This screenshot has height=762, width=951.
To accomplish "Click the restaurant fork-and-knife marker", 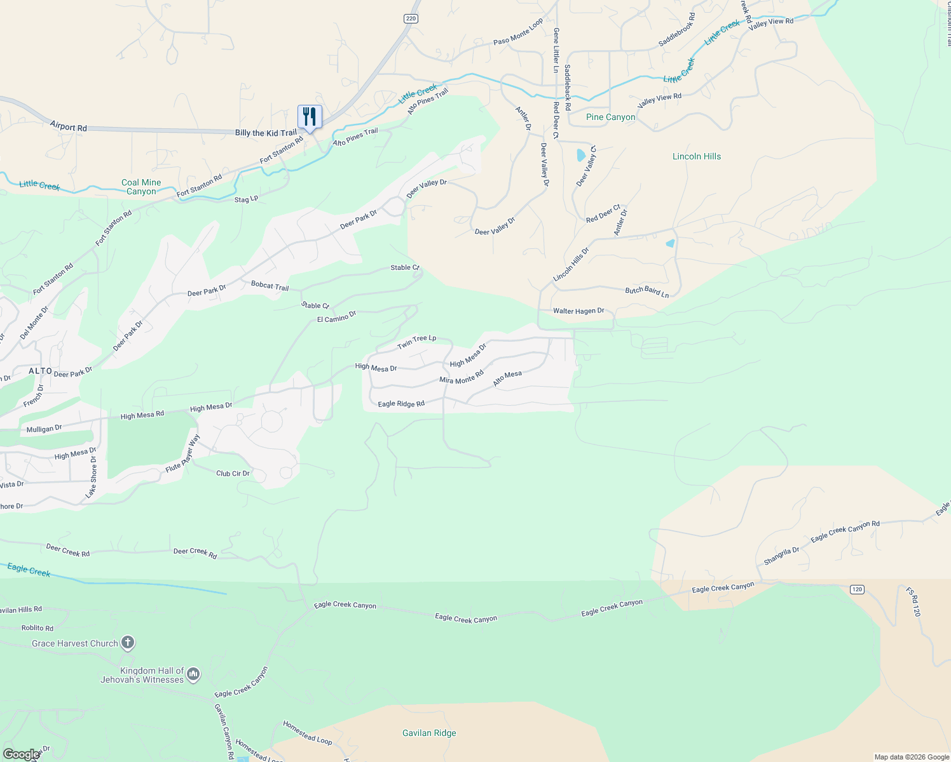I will click(310, 117).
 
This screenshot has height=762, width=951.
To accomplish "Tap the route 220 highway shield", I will click(411, 18).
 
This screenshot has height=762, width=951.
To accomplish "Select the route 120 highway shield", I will click(857, 589).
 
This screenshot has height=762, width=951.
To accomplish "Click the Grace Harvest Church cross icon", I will click(128, 643).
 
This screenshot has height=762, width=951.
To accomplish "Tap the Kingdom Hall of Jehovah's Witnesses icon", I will click(193, 674).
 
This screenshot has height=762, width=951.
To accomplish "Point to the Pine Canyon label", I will click(610, 117).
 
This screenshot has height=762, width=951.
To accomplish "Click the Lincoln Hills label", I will click(697, 156).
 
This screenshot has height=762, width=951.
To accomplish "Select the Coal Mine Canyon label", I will click(141, 187).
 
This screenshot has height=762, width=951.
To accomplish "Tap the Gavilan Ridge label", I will click(429, 733).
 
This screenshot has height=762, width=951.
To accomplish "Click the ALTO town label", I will click(41, 371).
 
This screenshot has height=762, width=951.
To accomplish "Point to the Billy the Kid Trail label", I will click(266, 133).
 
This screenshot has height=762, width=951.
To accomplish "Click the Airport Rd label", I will click(69, 127).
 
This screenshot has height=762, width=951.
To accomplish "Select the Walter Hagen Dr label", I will click(578, 311).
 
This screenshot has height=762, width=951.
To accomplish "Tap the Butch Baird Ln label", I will click(647, 291).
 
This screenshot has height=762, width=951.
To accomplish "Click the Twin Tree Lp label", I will click(417, 342).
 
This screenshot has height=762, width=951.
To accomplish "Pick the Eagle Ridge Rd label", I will click(401, 404).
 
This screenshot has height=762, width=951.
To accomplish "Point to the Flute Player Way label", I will click(183, 453).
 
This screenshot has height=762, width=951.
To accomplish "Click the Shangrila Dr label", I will click(781, 556).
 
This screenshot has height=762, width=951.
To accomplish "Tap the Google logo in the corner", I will click(21, 754).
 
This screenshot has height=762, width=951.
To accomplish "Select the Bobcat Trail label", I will click(270, 286).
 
